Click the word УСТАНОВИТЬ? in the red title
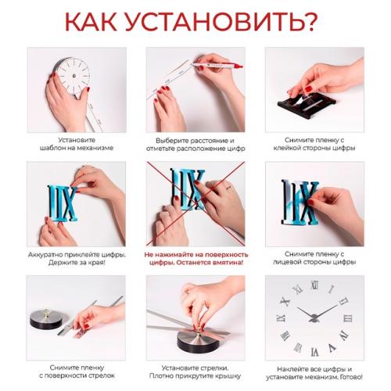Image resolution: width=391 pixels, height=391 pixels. click(x=222, y=22)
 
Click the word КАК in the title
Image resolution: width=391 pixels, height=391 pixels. click(x=91, y=22)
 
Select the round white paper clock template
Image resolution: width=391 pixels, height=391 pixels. click(x=74, y=76)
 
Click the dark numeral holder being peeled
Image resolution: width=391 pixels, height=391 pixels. click(x=307, y=104)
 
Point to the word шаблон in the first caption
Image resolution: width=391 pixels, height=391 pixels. click(x=51, y=148)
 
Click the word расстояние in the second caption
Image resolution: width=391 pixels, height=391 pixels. click(x=210, y=141)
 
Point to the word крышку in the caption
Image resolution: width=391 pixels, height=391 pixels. click(x=228, y=376)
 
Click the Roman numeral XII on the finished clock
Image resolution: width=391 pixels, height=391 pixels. click(x=315, y=285)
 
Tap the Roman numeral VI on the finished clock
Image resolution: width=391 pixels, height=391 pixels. click(x=315, y=353)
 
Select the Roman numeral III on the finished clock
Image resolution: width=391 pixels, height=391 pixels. click(x=348, y=318)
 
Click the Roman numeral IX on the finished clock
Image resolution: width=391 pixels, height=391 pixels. click(x=281, y=317)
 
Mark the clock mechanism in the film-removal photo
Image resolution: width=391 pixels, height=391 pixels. click(x=46, y=319)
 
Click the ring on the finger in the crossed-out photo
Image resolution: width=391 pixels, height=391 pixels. click(x=228, y=188)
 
